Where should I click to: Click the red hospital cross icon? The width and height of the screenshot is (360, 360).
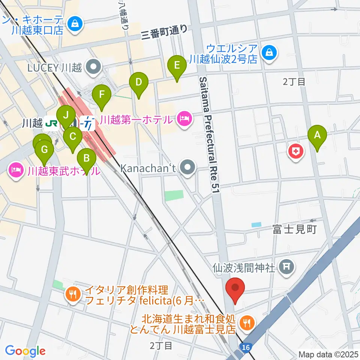[x=295, y=151]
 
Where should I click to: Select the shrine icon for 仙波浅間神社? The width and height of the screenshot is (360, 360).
[x=287, y=267]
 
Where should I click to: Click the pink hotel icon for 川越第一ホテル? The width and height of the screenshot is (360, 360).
[x=183, y=120]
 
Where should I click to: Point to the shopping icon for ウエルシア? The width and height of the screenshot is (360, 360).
[x=269, y=52]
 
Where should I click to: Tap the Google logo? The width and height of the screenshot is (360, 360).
[x=25, y=351]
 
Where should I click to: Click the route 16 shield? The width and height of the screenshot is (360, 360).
[x=246, y=348]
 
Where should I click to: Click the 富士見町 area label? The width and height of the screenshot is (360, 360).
[x=295, y=229]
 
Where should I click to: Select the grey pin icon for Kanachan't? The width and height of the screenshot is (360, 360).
[x=188, y=167]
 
